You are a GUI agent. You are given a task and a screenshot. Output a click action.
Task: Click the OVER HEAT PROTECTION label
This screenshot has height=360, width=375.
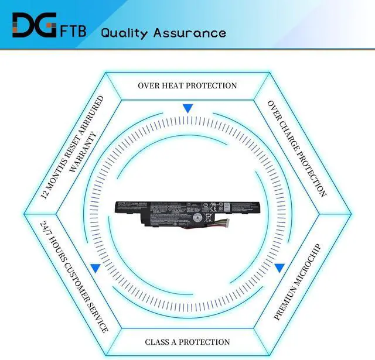click(x=187, y=85)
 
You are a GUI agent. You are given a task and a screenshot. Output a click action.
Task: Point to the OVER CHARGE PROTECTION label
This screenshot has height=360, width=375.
click(x=297, y=148)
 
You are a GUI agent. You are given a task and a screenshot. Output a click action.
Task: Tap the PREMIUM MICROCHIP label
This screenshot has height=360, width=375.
click(x=298, y=282)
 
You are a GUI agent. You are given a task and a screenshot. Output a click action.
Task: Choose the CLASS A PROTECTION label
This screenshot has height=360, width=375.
click(x=187, y=342)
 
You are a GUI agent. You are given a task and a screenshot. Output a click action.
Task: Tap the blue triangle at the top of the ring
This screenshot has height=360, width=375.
click(x=187, y=108)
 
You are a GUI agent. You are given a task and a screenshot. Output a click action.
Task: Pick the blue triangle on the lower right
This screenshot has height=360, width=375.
click(x=279, y=268)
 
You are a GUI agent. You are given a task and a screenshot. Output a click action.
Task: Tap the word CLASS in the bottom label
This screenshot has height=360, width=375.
click(x=157, y=342)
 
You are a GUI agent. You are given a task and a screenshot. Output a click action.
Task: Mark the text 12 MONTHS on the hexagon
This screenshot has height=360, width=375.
click(x=56, y=176)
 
